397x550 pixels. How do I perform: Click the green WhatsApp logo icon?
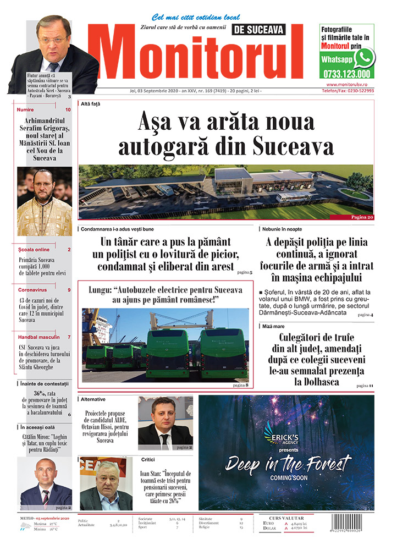[364, 57]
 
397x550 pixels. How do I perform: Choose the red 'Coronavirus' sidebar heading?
[33, 289]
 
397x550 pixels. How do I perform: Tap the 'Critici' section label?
[148, 459]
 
